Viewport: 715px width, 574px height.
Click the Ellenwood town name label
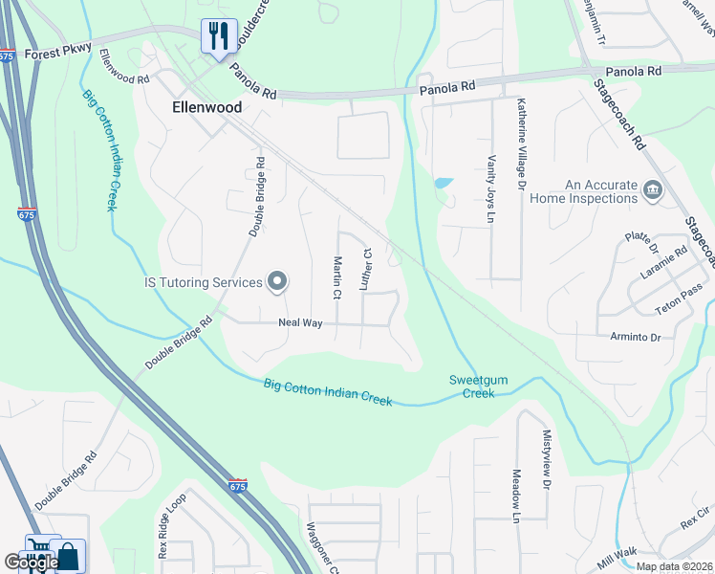pos(206,108)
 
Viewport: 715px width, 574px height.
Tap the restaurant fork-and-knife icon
pos(219,36)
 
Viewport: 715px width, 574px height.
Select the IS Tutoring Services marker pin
pos(277,281)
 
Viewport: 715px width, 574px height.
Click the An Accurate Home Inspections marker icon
pos(653,189)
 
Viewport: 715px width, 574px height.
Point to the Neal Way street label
pos(299,323)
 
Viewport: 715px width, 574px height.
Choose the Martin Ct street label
pos(336,275)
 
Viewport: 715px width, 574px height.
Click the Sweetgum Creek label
pos(472,386)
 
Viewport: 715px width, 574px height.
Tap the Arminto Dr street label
pos(636,338)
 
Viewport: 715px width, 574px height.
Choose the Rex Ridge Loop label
pos(173,525)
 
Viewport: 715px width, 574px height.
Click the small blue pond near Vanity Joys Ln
pos(443,182)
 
